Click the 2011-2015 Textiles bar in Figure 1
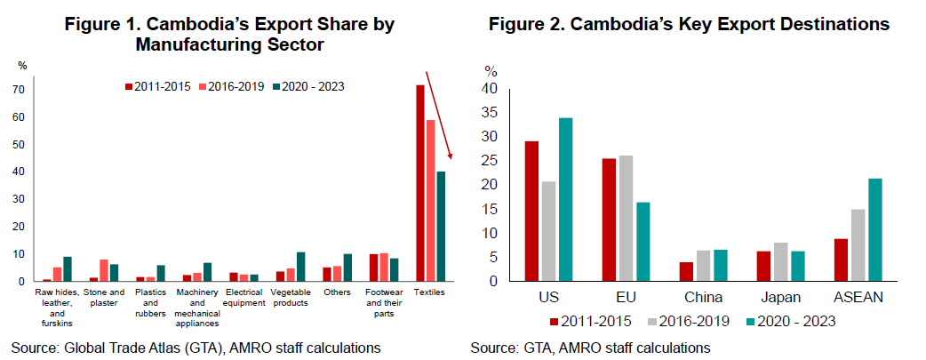420,183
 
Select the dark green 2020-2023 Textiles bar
441,227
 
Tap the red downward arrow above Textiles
440,116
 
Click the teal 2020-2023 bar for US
566,200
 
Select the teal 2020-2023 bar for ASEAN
875,230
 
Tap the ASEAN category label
858,297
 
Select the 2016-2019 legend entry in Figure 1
229,86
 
